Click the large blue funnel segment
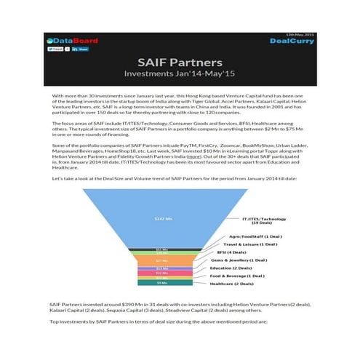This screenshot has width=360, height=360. click(x=161, y=218)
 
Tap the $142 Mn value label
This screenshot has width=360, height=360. click(x=161, y=218)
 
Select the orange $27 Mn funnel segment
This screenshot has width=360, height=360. click(x=161, y=260)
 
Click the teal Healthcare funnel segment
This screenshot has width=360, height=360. click(x=161, y=282)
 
